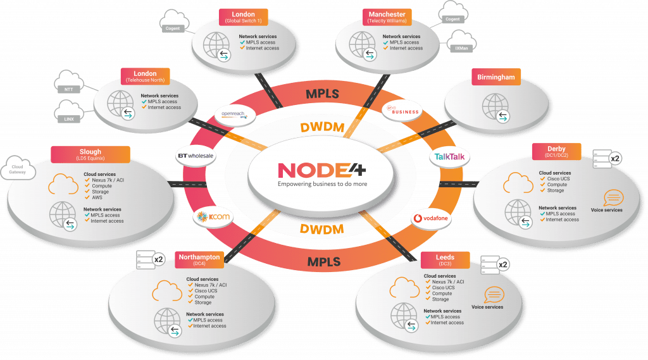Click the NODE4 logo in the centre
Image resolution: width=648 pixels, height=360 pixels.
click(x=323, y=171)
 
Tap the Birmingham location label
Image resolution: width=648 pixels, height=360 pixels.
click(x=496, y=78)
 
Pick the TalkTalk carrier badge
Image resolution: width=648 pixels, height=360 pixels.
click(x=451, y=156)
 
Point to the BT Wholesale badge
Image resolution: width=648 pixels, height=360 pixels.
click(x=197, y=155)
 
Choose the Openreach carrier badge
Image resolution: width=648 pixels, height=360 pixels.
click(x=234, y=115)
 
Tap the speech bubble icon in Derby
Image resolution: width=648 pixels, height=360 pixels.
click(x=613, y=197)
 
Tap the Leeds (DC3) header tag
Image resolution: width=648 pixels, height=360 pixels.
click(x=445, y=261)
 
